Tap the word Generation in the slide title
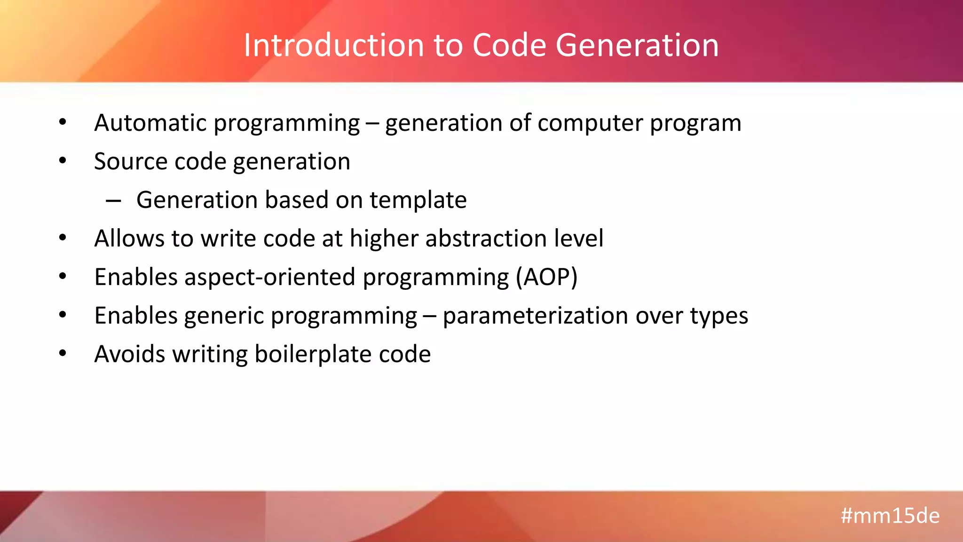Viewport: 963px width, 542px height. (637, 46)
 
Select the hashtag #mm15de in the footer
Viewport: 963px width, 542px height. (890, 516)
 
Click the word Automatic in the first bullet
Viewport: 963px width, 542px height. (150, 123)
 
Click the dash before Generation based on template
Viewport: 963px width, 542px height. (113, 201)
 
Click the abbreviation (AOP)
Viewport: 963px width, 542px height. (546, 277)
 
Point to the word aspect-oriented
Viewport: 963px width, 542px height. (269, 277)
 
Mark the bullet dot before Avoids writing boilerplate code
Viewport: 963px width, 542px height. (63, 353)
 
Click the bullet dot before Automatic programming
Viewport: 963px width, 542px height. (63, 122)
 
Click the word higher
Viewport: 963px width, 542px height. (384, 239)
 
